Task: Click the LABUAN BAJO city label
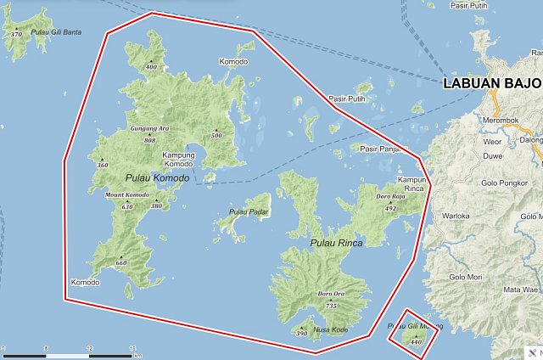(493, 84)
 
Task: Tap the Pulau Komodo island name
(157, 177)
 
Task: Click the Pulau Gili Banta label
(55, 32)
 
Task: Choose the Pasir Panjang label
(379, 149)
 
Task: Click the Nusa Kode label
(331, 329)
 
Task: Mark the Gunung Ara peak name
(149, 129)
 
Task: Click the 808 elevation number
(150, 140)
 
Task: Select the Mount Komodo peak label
(126, 195)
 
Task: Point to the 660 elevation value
(120, 263)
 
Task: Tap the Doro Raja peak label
(390, 197)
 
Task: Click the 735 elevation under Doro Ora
(331, 306)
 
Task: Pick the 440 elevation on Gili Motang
(415, 341)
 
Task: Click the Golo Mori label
(465, 277)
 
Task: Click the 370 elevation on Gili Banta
(16, 35)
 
